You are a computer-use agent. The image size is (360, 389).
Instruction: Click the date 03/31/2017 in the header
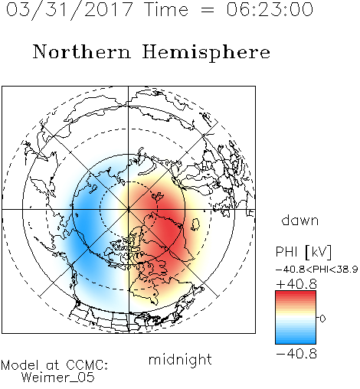70,10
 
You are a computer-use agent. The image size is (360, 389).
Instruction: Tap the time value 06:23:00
270,9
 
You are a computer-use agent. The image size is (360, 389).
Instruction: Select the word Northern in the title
81,51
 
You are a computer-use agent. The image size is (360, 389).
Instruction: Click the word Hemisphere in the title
206,53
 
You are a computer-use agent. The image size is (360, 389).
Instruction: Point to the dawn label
300,220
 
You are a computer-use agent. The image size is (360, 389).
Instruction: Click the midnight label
180,359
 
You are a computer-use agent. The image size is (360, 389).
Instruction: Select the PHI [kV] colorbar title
303,252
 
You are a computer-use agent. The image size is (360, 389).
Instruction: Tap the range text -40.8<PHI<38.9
316,270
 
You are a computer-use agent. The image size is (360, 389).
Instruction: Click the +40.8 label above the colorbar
296,284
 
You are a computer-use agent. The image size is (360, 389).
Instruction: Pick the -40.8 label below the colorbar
296,354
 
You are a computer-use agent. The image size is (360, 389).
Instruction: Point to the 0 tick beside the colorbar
322,319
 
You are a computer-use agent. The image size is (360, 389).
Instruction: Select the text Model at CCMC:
54,365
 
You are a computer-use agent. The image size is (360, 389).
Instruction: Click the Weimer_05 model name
58,378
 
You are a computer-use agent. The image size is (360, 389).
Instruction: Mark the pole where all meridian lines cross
128,209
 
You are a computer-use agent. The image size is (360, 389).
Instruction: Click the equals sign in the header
208,10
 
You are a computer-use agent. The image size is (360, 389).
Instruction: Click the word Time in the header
166,9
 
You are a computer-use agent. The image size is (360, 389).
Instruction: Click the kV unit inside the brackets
319,252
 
